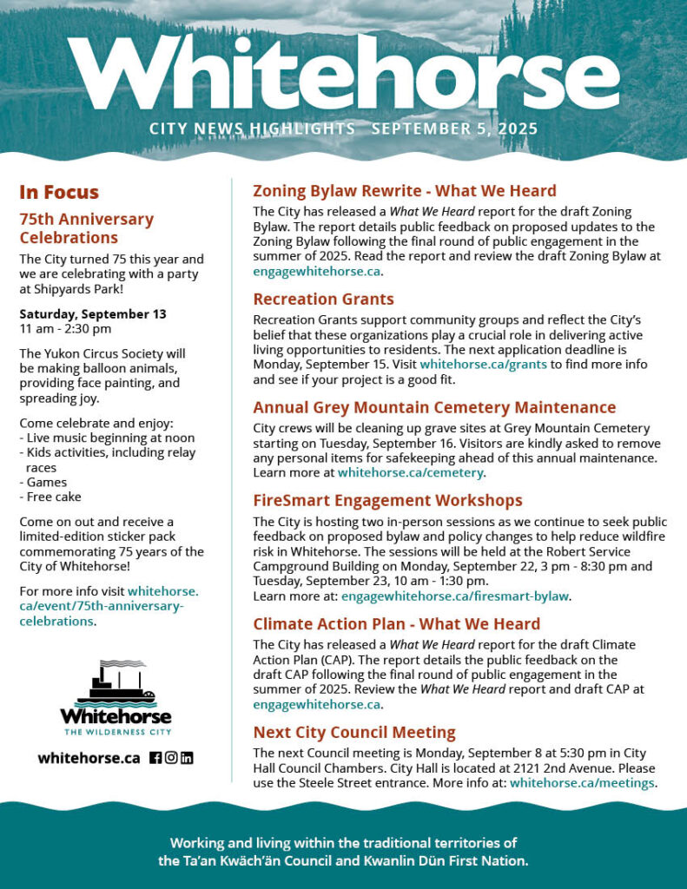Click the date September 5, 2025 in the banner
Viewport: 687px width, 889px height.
coord(454,129)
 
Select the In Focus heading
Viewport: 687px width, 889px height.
coord(59,193)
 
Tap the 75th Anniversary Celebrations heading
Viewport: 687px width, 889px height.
coord(86,228)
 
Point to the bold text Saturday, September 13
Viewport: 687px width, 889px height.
coord(92,313)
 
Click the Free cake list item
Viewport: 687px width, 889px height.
coord(52,497)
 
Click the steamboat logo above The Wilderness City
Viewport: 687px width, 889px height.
coord(116,685)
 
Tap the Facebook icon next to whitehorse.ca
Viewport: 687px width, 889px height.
coord(155,757)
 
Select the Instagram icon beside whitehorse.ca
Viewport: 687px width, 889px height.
coord(171,757)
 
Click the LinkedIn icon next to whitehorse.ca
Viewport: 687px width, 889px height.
coord(187,757)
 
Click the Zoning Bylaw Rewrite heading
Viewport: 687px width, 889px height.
coord(404,191)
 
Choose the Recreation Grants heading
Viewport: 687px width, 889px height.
coord(323,299)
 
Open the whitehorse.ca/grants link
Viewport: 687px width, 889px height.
coord(483,365)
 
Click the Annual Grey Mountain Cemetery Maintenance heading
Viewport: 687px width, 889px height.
coord(434,407)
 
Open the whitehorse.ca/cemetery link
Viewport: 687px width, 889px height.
coord(410,473)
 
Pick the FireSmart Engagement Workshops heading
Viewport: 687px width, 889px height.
coord(387,500)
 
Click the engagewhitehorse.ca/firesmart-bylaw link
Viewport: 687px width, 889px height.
coord(455,596)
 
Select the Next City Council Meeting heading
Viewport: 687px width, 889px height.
coord(353,732)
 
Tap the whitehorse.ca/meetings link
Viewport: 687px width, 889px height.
coord(581,783)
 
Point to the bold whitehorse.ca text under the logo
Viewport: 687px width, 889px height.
coord(89,758)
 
